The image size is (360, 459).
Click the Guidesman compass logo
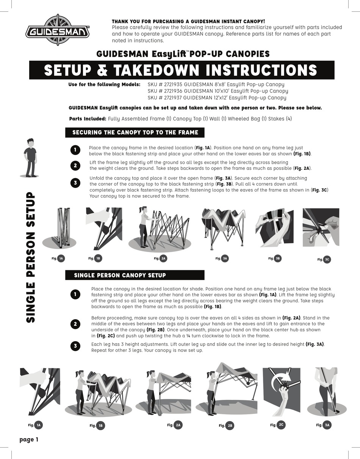coord(58,30)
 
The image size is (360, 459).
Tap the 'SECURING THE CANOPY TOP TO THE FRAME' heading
coord(135,132)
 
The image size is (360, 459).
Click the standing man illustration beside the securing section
coord(30,158)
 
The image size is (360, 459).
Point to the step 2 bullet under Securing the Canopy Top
coord(75,166)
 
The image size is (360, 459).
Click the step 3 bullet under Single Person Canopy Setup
coord(75,346)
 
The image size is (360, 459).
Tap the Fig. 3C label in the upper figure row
coord(324,260)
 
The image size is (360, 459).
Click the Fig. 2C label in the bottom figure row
coord(278,425)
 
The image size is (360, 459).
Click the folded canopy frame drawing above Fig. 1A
coord(63,228)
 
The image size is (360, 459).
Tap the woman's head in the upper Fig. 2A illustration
coord(142,210)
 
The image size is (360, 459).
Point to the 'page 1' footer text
coord(29,440)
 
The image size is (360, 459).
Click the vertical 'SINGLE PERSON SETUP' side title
coord(30,257)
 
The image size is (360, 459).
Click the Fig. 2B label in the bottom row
coord(227,425)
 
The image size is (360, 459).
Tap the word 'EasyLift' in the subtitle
coord(169,54)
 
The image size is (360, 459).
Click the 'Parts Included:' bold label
coord(88,119)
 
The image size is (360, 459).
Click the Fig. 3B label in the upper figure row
coord(275,258)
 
